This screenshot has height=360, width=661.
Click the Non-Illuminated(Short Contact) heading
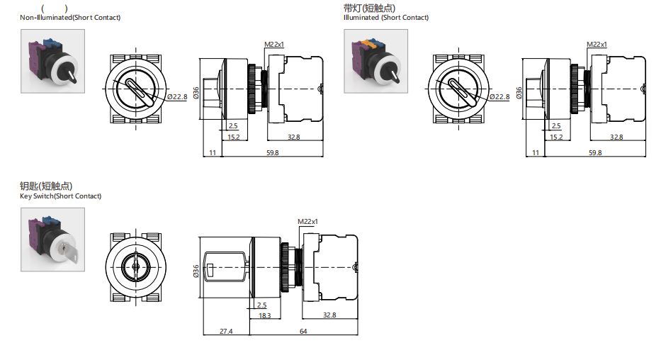pos(70,17)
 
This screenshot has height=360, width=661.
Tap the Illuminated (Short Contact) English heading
pos(386,17)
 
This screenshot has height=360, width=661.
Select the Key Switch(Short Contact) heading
pos(61,196)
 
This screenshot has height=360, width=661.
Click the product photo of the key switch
pos(52,240)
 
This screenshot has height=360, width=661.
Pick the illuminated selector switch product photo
pos(376,61)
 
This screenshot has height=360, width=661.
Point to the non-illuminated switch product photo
pos(52,61)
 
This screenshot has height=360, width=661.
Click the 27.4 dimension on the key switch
pos(226,332)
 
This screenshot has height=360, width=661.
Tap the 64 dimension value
pos(303,332)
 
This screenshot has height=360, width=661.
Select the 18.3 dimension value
pos(265,316)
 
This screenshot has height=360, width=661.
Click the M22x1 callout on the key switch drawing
pos(307,221)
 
